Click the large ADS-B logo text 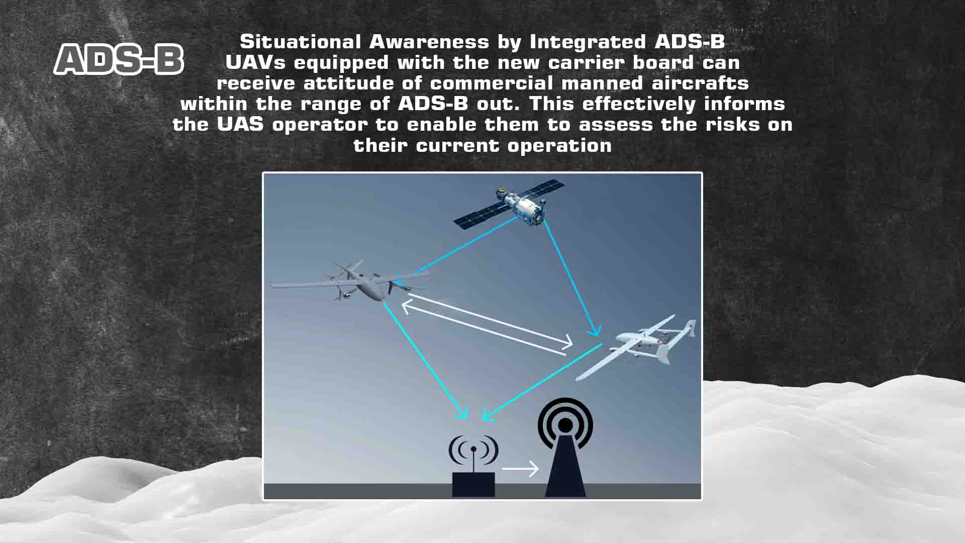(x=119, y=59)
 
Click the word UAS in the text (x=240, y=124)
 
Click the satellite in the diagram (x=509, y=206)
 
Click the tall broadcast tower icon (x=565, y=447)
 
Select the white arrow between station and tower (x=520, y=469)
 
